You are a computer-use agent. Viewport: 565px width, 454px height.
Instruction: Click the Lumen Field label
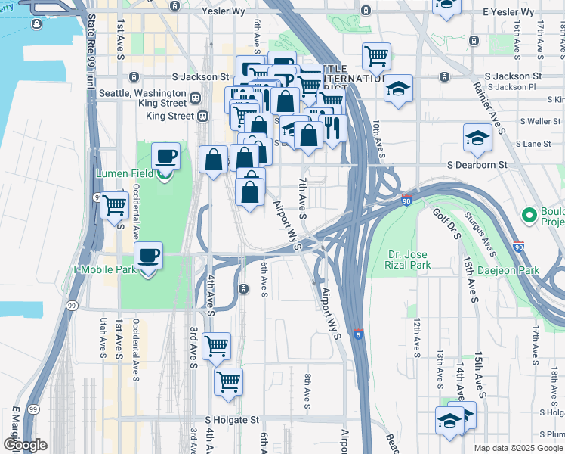pyautogui.click(x=125, y=173)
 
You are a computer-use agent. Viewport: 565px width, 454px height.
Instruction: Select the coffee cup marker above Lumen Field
pyautogui.click(x=165, y=157)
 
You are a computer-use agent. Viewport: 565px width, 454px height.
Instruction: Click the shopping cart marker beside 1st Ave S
pyautogui.click(x=114, y=205)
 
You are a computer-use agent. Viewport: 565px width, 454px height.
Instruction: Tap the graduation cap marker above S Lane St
pyautogui.click(x=477, y=138)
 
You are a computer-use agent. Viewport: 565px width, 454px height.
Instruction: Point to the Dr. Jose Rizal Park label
pyautogui.click(x=409, y=260)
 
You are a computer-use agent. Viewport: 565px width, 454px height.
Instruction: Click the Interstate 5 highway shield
pyautogui.click(x=358, y=334)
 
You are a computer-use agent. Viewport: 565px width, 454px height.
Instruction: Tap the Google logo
pyautogui.click(x=25, y=445)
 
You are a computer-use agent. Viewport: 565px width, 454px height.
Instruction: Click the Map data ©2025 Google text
pyautogui.click(x=517, y=448)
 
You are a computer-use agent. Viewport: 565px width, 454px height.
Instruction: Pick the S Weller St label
pyautogui.click(x=539, y=121)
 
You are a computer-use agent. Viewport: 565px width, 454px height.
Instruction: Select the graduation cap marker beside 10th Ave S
pyautogui.click(x=398, y=89)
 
